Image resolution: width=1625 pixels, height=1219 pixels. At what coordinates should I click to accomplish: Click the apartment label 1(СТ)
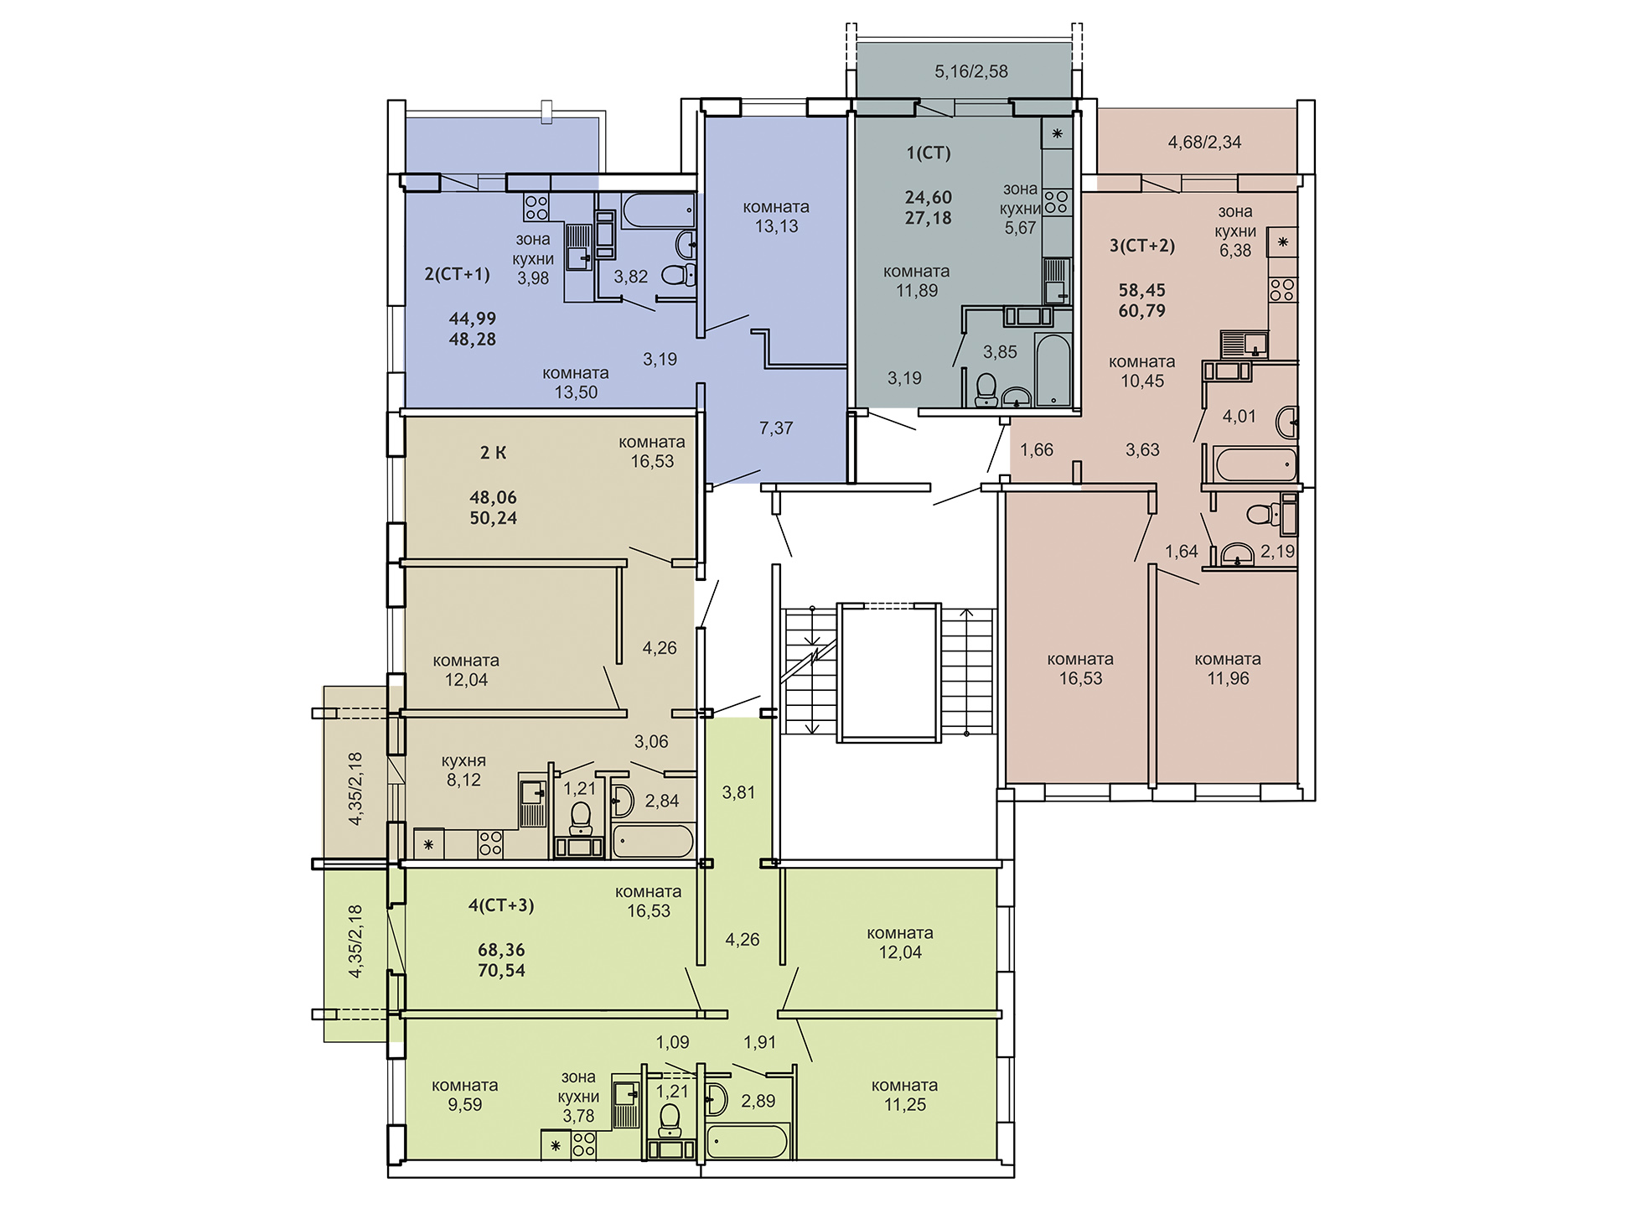929,153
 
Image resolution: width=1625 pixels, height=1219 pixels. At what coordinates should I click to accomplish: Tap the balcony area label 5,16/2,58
971,71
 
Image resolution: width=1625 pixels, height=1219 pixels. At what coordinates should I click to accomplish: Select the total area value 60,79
1142,310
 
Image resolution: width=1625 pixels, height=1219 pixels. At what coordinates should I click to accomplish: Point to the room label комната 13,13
776,216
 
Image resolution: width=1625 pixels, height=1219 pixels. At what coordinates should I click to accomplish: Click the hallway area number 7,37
776,428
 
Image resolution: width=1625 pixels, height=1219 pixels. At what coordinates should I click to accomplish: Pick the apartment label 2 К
493,453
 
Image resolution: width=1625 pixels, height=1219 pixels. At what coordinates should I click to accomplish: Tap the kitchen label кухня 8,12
463,770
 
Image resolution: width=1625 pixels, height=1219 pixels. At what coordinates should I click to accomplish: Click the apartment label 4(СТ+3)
501,905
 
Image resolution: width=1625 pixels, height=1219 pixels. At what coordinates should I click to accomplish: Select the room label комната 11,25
904,1095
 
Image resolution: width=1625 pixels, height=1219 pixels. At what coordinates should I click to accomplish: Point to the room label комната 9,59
464,1095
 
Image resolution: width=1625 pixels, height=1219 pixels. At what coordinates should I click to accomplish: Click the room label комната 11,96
1228,669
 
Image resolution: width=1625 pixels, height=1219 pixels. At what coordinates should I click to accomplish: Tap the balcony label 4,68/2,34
1204,143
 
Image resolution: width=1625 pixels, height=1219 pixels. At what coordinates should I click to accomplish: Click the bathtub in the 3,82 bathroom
659,210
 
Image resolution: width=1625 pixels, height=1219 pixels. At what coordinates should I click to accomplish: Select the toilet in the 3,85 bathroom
986,389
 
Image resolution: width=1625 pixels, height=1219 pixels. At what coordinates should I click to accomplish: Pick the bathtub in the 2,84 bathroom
654,841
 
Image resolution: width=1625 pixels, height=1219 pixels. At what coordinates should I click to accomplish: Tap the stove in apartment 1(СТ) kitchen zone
1057,201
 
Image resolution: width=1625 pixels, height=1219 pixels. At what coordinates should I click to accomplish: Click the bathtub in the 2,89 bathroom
748,1141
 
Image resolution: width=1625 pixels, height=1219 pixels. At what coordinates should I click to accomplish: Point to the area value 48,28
473,340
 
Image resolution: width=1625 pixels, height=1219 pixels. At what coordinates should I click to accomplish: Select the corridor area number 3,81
738,792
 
